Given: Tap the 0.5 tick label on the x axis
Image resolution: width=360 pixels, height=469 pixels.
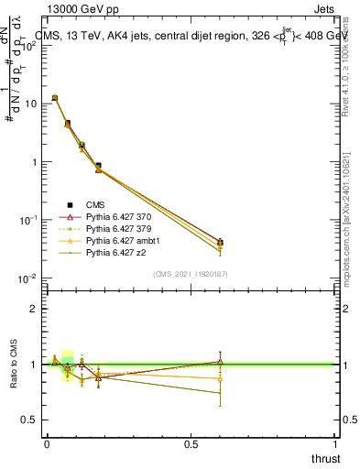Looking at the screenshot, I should click(x=191, y=443).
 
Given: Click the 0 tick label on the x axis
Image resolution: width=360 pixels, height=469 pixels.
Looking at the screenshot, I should click(x=47, y=443).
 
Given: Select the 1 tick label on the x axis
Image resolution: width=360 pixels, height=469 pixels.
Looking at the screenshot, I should click(x=335, y=443).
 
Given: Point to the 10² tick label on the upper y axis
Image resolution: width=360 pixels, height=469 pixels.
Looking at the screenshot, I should click(x=31, y=46).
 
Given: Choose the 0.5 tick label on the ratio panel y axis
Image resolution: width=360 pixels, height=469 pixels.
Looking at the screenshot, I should click(x=30, y=420).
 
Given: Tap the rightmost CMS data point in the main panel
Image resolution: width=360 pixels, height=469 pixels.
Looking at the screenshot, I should click(x=220, y=243).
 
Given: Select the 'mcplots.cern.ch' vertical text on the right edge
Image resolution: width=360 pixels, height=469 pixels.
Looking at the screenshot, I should click(x=352, y=256).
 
